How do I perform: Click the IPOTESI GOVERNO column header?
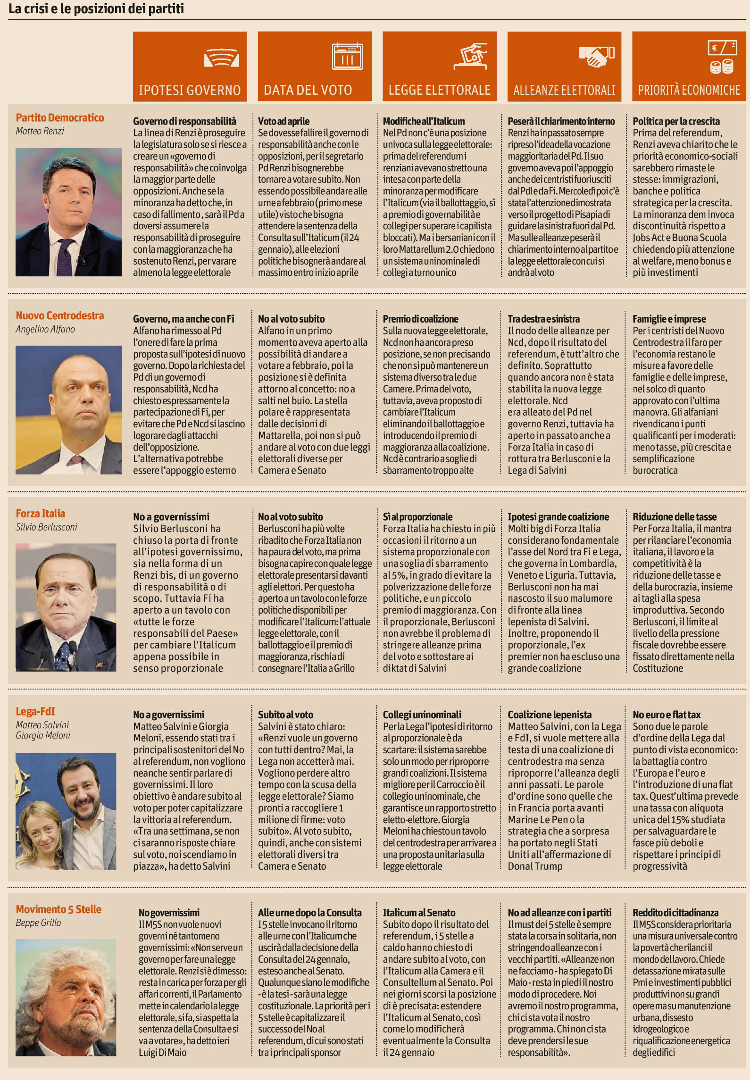190,90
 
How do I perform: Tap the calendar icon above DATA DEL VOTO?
347,57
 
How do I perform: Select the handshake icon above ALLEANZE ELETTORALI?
596,55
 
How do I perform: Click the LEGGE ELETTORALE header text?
439,90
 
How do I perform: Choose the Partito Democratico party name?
60,118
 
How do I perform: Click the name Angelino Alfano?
45,329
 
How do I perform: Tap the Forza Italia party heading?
41,514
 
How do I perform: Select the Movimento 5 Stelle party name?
58,909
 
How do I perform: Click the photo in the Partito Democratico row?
68,212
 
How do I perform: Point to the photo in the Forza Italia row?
66,607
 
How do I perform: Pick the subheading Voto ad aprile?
283,121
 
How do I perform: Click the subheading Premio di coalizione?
420,319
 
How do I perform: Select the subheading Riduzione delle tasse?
675,517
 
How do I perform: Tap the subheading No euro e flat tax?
667,714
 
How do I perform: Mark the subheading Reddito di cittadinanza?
675,913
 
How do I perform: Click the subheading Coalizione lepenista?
550,714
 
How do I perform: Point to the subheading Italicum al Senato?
419,913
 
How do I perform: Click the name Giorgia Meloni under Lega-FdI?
43,735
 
